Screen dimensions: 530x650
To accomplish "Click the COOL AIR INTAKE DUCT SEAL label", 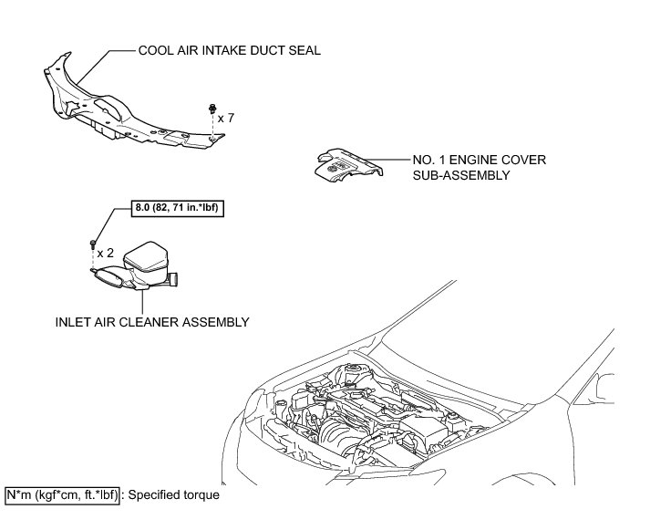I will click(x=229, y=51).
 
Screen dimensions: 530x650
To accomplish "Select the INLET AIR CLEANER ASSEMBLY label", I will click(x=152, y=321).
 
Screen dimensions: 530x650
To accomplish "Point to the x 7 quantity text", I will click(x=226, y=118).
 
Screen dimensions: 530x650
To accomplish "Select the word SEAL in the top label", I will click(x=304, y=51).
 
